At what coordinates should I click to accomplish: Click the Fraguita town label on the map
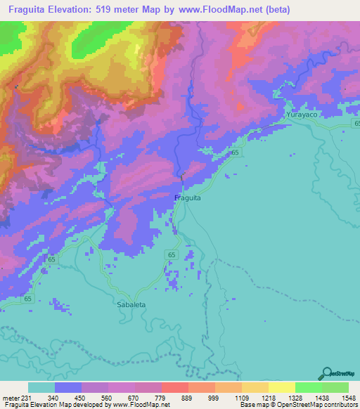click(188, 198)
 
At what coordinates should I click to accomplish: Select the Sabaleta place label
click(131, 305)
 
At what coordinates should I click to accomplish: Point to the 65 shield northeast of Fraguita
click(235, 152)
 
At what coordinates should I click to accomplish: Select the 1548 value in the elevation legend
click(340, 397)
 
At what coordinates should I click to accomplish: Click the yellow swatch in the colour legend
click(281, 387)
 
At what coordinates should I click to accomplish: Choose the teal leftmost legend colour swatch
click(41, 387)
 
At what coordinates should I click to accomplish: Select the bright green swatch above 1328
click(308, 387)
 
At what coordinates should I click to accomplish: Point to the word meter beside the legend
click(11, 397)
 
